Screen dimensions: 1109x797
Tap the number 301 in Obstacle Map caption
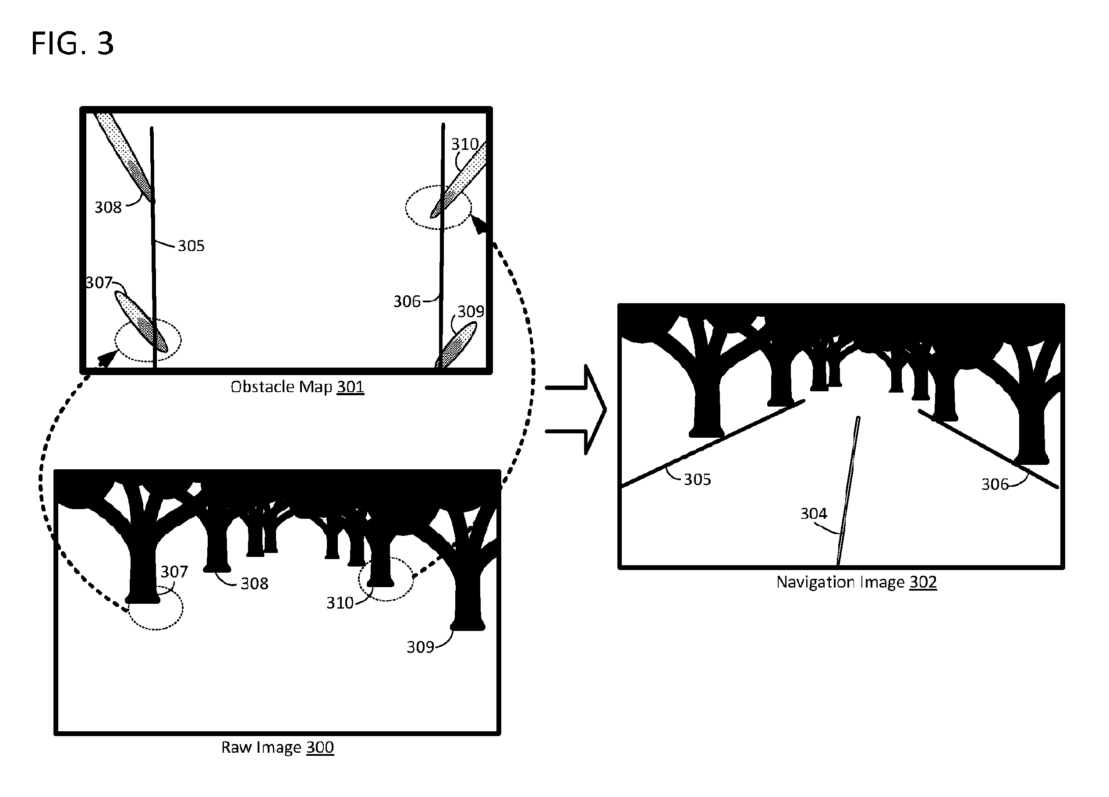pos(350,387)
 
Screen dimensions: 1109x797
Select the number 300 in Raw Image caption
pos(320,747)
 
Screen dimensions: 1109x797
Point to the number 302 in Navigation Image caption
pos(923,582)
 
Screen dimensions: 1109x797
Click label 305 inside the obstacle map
pos(191,245)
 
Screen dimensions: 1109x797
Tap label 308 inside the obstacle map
pos(108,207)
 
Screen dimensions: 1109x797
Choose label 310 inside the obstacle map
pos(464,144)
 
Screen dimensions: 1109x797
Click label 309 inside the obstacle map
pos(471,312)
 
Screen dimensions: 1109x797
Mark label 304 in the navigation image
pos(814,514)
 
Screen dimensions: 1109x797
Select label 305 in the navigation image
pos(697,479)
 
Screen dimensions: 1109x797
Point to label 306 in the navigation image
pos(995,484)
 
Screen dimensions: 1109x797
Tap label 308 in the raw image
pos(254,583)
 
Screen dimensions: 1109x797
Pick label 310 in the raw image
pos(340,603)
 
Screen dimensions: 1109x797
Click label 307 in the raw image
pos(174,572)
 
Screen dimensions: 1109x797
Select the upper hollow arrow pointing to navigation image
pos(576,388)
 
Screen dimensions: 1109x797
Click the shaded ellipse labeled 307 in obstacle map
pos(141,322)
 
